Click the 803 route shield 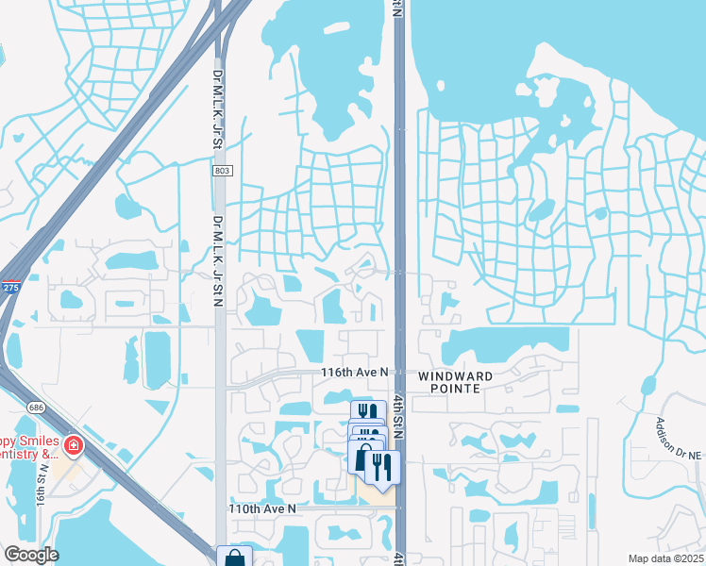221,171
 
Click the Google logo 30,555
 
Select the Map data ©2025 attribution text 665,558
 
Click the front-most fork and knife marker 382,466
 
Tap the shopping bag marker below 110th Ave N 234,558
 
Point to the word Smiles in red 35,441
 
